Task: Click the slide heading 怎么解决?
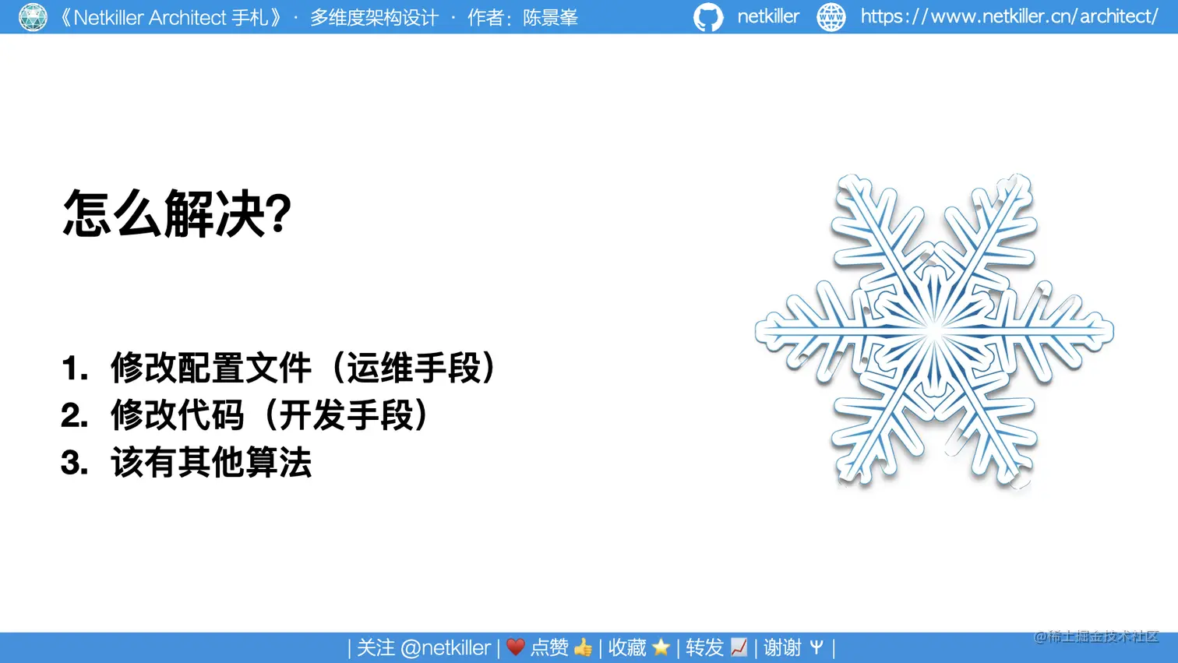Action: (x=177, y=213)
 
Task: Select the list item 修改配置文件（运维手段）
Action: (x=303, y=368)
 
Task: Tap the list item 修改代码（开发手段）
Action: (x=270, y=415)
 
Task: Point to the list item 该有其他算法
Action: (x=211, y=463)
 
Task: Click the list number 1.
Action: (x=74, y=369)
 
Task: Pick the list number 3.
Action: (x=74, y=464)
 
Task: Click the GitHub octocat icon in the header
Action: (x=708, y=17)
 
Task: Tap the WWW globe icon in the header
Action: (x=831, y=17)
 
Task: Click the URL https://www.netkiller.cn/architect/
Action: (x=1009, y=16)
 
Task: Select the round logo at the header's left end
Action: (x=33, y=17)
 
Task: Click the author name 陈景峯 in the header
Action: (x=550, y=18)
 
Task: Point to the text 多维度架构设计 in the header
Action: (x=374, y=18)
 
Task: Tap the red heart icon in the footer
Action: (x=515, y=647)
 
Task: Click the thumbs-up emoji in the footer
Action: (x=583, y=647)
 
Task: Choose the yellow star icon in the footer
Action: (x=661, y=647)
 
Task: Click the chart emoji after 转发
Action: (x=739, y=647)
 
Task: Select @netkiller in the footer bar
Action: (x=445, y=647)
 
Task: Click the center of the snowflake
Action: (x=934, y=332)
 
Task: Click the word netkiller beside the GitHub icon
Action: (x=767, y=16)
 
